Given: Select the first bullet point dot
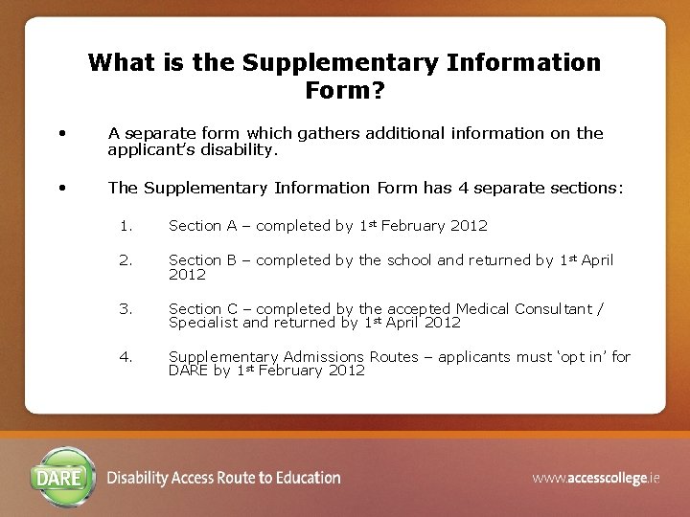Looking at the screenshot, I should (61, 133).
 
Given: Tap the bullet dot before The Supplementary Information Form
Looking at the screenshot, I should (61, 188).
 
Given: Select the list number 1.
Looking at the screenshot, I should (126, 226).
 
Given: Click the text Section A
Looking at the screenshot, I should (202, 226).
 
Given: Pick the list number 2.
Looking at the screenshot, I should (126, 260).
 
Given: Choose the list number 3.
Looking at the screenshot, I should (126, 308).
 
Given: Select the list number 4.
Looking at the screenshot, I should (126, 356).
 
